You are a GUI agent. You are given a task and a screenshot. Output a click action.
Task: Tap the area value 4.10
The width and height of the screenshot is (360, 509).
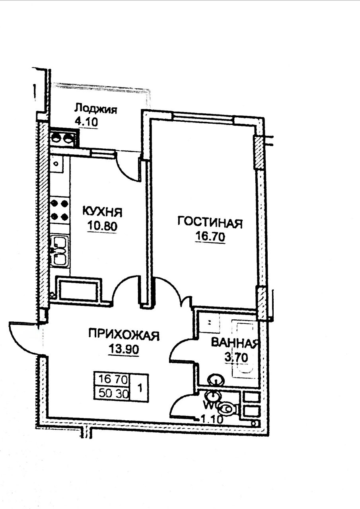(x=86, y=122)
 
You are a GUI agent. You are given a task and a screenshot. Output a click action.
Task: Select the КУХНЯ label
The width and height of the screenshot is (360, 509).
(x=102, y=212)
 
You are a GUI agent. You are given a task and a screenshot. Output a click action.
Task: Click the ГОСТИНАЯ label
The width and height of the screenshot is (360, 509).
(x=210, y=223)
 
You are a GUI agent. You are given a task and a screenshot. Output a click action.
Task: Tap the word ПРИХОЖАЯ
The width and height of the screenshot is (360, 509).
(x=124, y=335)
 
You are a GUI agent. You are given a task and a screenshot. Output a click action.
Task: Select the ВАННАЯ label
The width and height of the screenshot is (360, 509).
(x=235, y=343)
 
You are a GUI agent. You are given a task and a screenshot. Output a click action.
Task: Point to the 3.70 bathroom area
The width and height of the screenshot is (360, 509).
(x=236, y=358)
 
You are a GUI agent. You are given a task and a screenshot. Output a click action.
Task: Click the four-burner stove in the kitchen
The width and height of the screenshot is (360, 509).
(x=59, y=210)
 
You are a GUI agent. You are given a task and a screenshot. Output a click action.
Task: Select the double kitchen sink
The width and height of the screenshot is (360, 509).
(x=60, y=251)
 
